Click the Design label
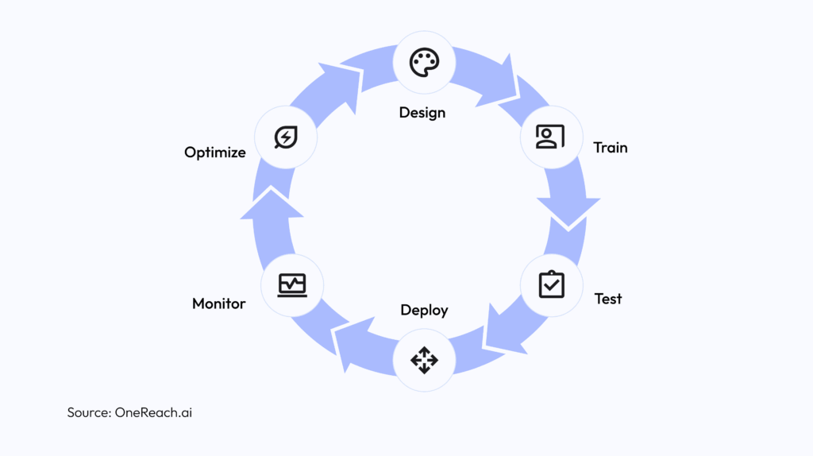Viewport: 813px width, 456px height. [422, 113]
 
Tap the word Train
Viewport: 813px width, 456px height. [611, 148]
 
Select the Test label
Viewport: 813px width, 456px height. [608, 299]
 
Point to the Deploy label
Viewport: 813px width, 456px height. [424, 310]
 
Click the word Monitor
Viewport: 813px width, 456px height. [219, 303]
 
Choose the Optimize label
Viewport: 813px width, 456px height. [215, 153]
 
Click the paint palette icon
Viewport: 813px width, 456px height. [424, 63]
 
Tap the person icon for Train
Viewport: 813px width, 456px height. [550, 137]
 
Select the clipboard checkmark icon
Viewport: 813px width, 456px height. [551, 284]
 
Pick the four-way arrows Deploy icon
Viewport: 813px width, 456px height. [424, 361]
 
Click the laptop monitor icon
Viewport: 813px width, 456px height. [292, 284]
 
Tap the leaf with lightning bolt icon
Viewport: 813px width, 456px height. [285, 137]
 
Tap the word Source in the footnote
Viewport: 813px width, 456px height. [89, 412]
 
